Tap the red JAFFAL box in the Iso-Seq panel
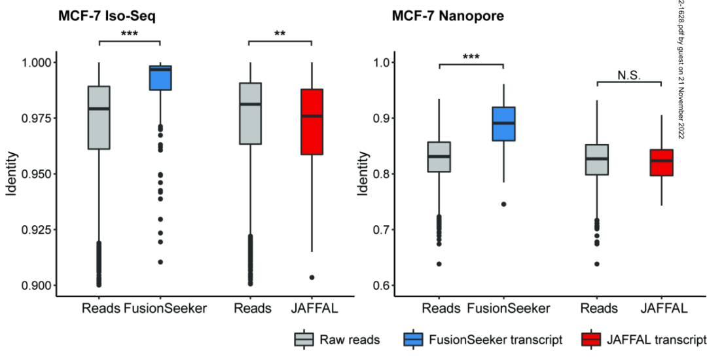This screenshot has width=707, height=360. (x=312, y=122)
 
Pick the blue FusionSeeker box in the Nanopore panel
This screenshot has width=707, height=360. (x=503, y=124)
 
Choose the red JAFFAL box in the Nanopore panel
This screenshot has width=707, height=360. (x=662, y=162)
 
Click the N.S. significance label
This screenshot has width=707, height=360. (x=629, y=75)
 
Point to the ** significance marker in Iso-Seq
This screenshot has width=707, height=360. (x=280, y=33)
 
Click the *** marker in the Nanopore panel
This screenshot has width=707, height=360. (x=471, y=57)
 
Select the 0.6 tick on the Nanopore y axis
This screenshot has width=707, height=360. (x=382, y=285)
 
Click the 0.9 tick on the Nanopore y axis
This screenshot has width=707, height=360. (x=382, y=118)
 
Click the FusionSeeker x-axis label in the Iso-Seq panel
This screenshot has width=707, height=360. (x=164, y=308)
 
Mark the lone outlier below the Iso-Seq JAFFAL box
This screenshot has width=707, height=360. (x=312, y=278)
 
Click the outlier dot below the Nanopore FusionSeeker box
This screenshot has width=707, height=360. (x=503, y=204)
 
